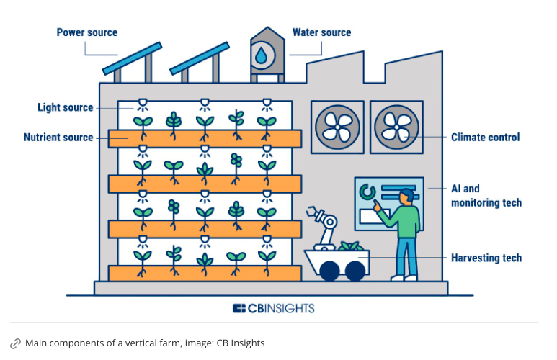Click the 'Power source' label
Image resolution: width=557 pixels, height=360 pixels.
(86, 32)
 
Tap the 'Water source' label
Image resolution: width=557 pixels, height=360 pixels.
(321, 32)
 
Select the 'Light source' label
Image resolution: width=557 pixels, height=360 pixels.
(65, 107)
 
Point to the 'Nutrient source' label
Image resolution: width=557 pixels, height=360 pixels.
(58, 137)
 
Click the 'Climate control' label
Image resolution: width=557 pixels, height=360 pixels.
(485, 137)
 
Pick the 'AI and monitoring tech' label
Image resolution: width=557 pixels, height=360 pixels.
(486, 195)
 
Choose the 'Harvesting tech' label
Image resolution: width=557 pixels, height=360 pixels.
(486, 257)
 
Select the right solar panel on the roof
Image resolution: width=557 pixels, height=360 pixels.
(200, 58)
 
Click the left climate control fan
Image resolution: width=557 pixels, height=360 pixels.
(337, 127)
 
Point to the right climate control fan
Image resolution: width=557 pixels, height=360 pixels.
(396, 127)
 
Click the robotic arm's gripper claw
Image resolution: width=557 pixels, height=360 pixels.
(313, 214)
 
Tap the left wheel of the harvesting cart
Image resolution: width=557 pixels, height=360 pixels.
(330, 271)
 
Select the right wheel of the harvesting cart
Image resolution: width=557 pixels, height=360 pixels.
(355, 271)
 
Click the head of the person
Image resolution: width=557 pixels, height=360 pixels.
(407, 196)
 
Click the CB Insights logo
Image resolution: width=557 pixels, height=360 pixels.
(273, 308)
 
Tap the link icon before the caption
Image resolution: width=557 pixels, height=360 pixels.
(15, 343)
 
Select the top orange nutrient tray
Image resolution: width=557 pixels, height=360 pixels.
(205, 138)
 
